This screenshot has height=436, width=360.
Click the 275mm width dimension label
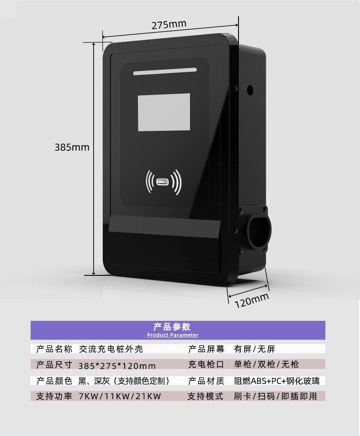[x=169, y=25]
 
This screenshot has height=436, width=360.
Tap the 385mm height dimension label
[x=72, y=147]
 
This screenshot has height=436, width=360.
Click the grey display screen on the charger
[x=164, y=112]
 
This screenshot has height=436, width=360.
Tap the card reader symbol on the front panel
[x=163, y=182]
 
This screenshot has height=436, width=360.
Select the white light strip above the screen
[x=165, y=71]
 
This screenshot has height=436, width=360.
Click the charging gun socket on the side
[x=258, y=229]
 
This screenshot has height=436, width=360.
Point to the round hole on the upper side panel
[x=250, y=90]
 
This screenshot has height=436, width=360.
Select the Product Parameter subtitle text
[x=173, y=335]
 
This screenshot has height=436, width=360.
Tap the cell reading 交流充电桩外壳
[x=111, y=349]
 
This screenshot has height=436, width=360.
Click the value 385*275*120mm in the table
[x=117, y=366]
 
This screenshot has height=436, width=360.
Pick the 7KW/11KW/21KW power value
[x=120, y=396]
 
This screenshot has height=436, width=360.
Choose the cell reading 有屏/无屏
[x=254, y=349]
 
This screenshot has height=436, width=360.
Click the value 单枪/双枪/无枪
[x=266, y=364]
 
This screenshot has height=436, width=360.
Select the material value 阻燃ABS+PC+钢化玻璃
[x=277, y=381]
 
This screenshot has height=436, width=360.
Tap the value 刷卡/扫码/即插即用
[x=275, y=396]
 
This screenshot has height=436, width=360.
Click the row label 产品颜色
[x=54, y=381]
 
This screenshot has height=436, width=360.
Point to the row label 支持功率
[x=54, y=396]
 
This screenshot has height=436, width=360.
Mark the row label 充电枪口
[x=206, y=364]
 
